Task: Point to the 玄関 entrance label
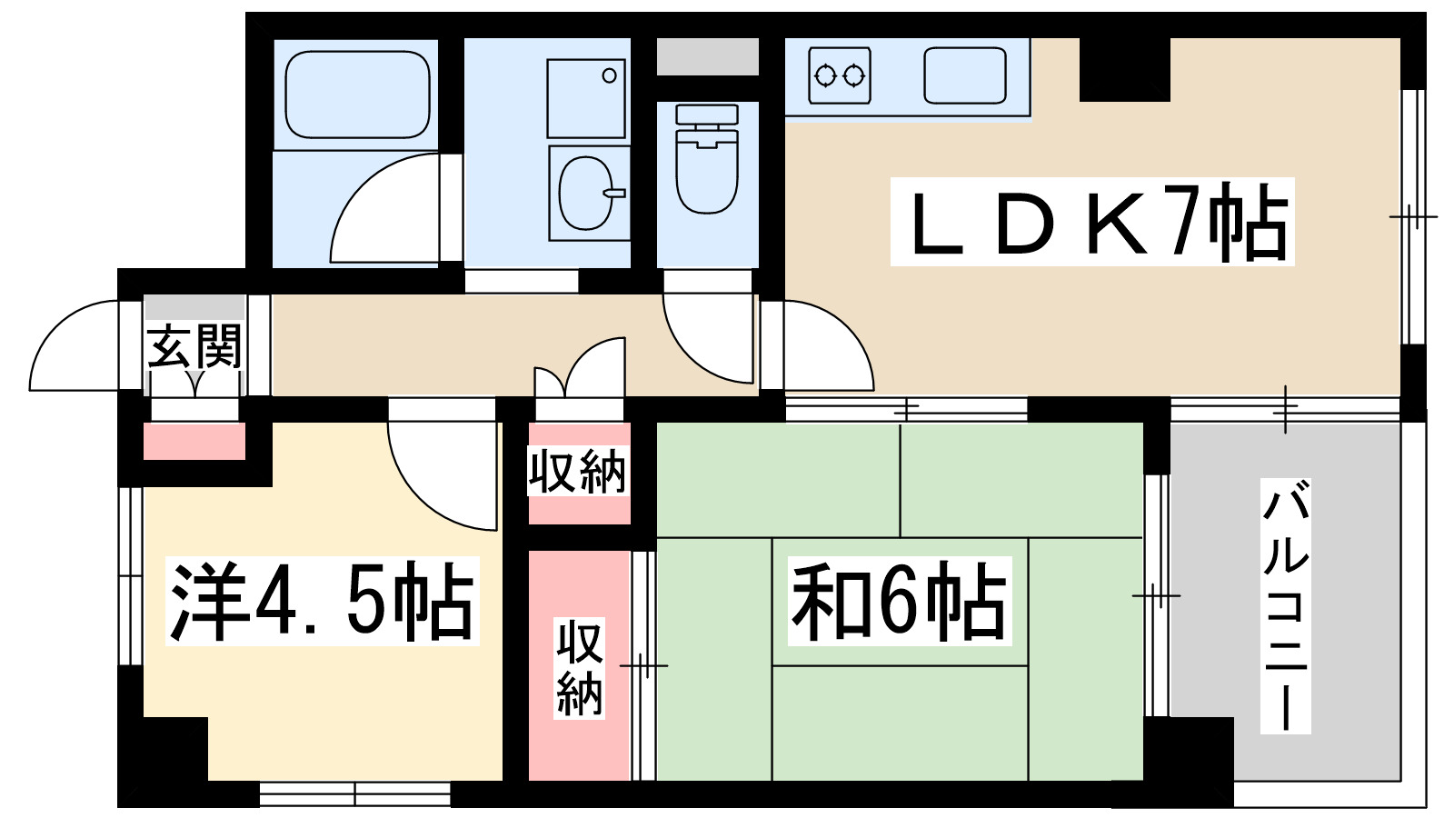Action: click(x=194, y=346)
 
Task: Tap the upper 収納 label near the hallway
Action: click(x=579, y=472)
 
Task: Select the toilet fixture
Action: click(x=707, y=159)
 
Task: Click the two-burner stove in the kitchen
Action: click(x=839, y=75)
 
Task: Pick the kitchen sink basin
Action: click(x=965, y=75)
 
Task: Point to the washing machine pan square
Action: click(x=586, y=98)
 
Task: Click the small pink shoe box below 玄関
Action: click(x=194, y=442)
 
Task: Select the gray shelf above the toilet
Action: click(x=707, y=57)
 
